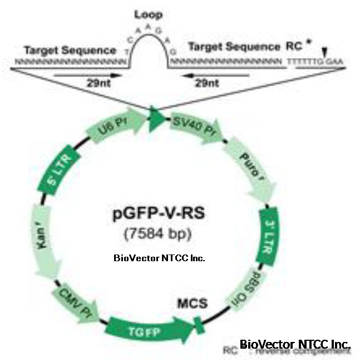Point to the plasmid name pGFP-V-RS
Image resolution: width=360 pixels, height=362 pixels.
pyautogui.click(x=159, y=213)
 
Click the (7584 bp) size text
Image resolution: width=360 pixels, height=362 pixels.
pyautogui.click(x=159, y=233)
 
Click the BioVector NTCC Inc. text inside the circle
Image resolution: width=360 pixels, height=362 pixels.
pyautogui.click(x=159, y=258)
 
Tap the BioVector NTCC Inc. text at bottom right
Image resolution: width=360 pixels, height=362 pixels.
pyautogui.click(x=295, y=345)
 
